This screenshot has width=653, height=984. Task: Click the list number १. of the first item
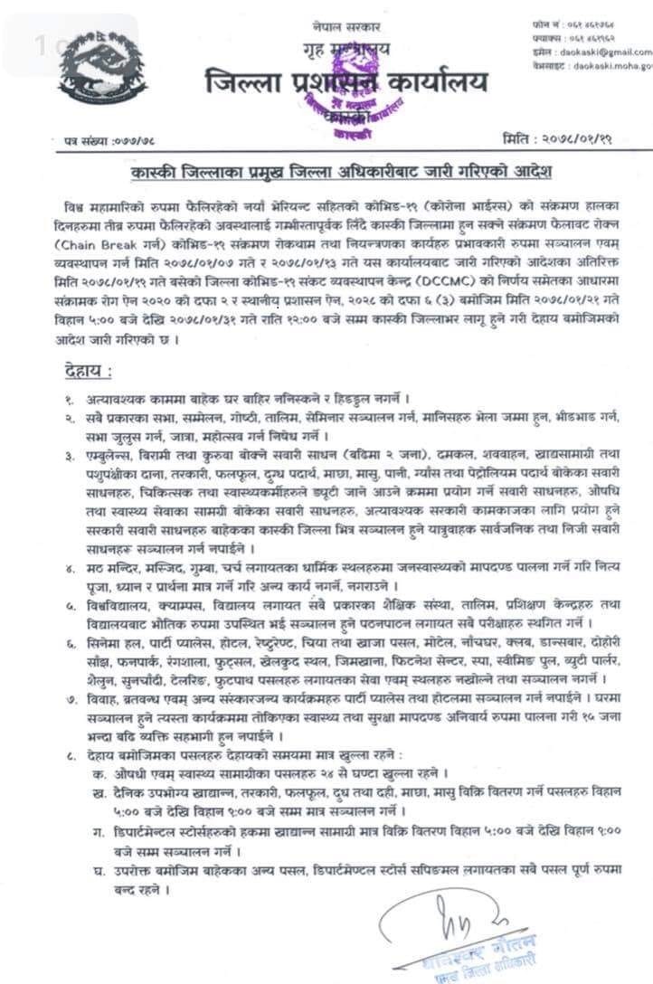[69, 397]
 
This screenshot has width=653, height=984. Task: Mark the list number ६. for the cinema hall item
[69, 639]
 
